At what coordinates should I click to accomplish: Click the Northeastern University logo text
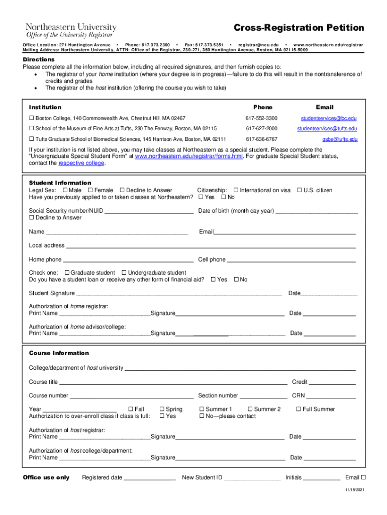(71, 27)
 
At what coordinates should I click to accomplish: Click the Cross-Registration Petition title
(299, 27)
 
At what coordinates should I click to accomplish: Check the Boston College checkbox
(31, 118)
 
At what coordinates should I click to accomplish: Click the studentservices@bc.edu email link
(329, 118)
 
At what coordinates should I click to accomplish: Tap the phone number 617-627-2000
(261, 129)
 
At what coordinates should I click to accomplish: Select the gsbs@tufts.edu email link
(340, 139)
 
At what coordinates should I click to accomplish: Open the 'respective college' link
(82, 163)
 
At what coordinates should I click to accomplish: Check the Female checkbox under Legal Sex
(90, 190)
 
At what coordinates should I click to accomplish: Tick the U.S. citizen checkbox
(300, 190)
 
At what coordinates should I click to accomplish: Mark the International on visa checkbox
(236, 190)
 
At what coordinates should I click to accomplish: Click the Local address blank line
(211, 246)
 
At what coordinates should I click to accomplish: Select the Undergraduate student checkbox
(124, 273)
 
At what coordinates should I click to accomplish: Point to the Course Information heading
(59, 353)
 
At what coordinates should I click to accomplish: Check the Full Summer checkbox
(298, 409)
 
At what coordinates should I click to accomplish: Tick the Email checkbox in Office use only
(363, 477)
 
